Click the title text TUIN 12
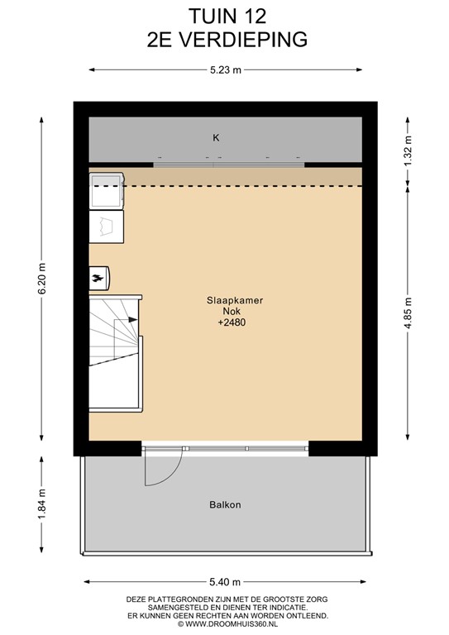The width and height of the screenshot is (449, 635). pyautogui.click(x=224, y=15)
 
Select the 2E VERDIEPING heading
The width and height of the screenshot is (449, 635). pyautogui.click(x=224, y=37)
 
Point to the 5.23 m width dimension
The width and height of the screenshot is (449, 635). pyautogui.click(x=225, y=70)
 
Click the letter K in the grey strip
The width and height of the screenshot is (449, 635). pyautogui.click(x=217, y=138)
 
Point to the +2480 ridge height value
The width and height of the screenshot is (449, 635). pyautogui.click(x=232, y=323)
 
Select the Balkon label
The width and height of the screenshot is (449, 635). pyautogui.click(x=225, y=504)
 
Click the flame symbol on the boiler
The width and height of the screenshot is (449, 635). pyautogui.click(x=98, y=278)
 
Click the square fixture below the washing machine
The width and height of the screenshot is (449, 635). pyautogui.click(x=107, y=224)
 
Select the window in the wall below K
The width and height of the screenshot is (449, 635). pyautogui.click(x=229, y=163)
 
